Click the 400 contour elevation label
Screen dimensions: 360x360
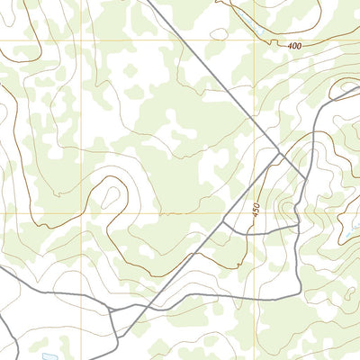pyautogui.click(x=296, y=45)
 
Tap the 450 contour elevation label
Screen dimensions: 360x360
pyautogui.click(x=257, y=214)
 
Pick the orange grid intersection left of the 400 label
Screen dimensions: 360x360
pyautogui.click(x=256, y=40)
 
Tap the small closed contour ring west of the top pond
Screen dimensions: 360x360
pyautogui.click(x=219, y=34)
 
